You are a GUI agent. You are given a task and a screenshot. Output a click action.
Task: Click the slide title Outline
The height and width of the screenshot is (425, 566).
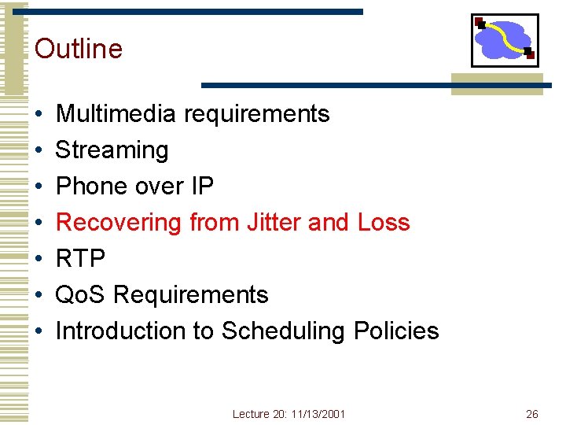pos(79,49)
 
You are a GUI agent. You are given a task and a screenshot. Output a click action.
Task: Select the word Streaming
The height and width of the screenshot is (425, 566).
pos(112,150)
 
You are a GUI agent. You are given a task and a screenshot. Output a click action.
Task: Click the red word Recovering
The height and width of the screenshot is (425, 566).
pos(119,223)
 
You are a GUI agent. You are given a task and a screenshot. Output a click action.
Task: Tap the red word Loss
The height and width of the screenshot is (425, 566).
pos(384,223)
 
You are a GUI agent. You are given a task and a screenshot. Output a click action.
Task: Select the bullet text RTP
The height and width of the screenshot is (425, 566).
pos(80,259)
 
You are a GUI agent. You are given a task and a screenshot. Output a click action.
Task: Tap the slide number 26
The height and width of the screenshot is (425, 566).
pos(531,414)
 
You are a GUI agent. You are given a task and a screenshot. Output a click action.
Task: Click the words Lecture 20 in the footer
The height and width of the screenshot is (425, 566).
pos(256,414)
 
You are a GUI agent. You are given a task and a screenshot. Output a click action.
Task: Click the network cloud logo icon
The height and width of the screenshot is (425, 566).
pos(505,40)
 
